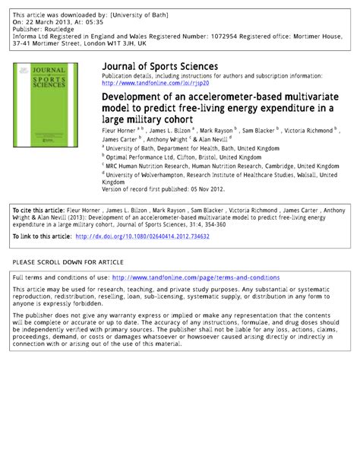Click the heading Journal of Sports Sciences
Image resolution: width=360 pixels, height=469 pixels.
159,67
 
